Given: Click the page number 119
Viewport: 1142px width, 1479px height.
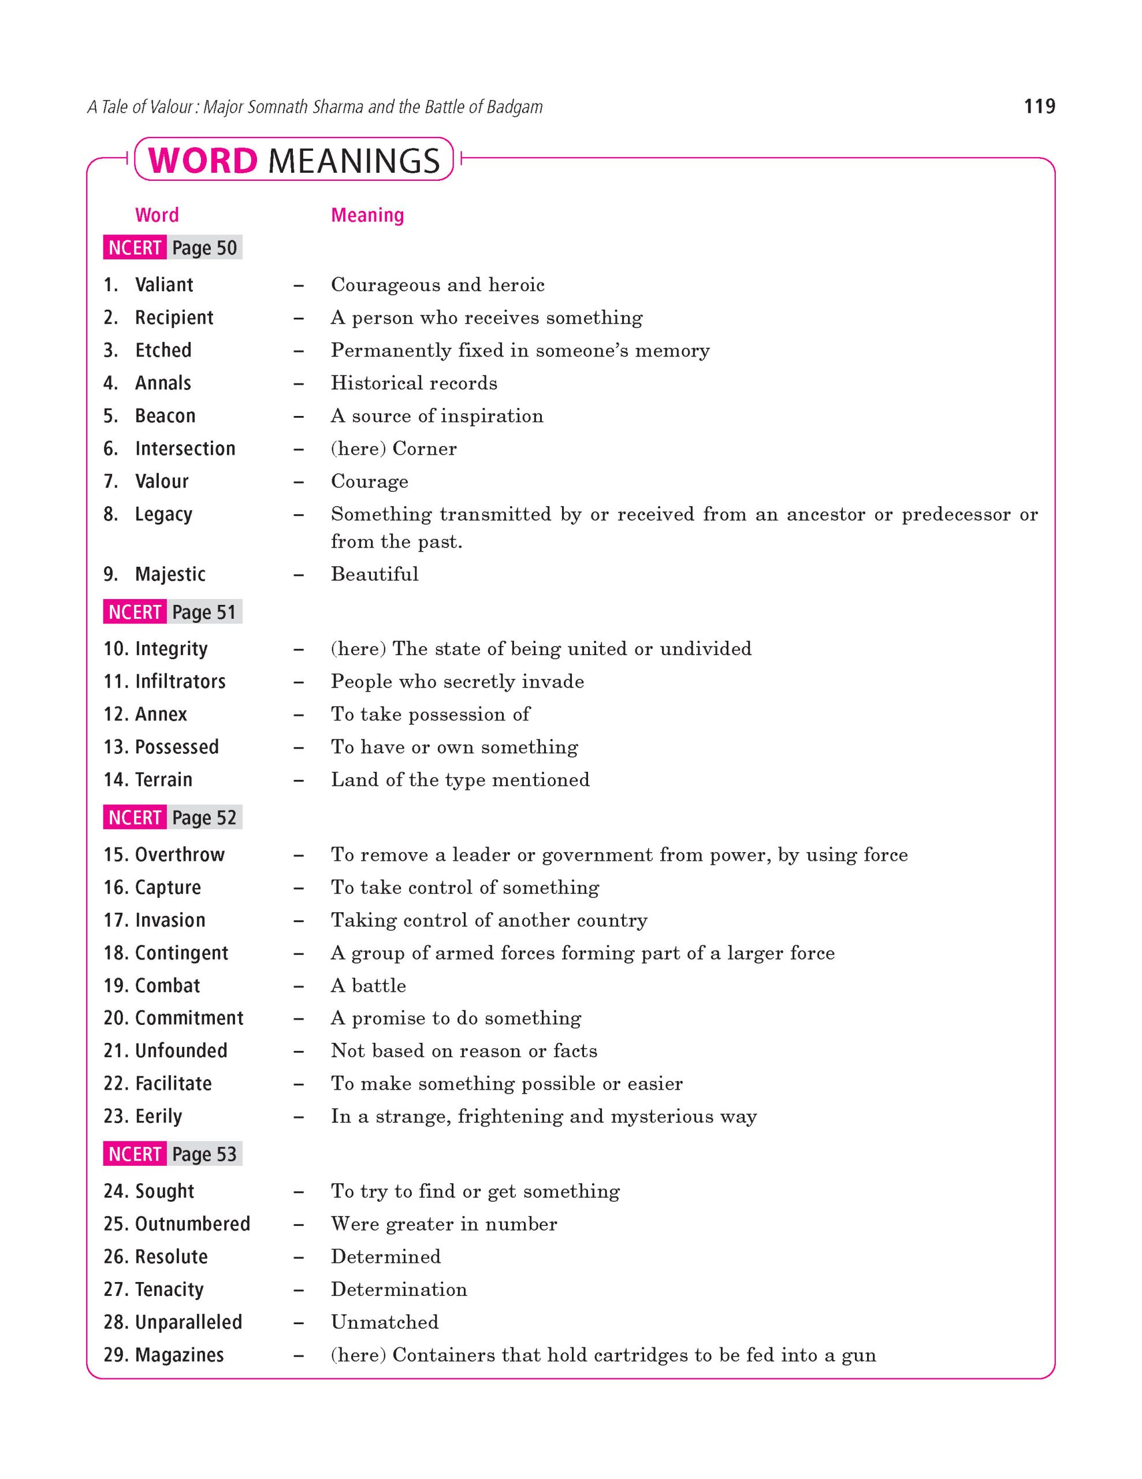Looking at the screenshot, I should (1039, 106).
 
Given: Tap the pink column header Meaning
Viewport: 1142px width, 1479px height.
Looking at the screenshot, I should (367, 215).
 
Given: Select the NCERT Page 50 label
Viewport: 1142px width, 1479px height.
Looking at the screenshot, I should (173, 248).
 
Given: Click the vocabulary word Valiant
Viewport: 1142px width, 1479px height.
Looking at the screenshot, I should (164, 284).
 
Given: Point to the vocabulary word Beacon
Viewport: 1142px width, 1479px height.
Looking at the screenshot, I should (165, 416).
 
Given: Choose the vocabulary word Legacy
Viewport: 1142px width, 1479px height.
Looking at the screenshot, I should (164, 515).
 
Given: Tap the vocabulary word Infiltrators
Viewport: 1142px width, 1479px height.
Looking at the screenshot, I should (180, 681).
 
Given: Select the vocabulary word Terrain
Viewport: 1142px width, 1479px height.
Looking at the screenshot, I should (164, 779).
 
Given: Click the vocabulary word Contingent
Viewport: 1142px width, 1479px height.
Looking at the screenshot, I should (181, 953).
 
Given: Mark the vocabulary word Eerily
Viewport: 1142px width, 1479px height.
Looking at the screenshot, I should (158, 1116).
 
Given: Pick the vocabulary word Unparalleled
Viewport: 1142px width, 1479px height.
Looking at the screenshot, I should (188, 1322).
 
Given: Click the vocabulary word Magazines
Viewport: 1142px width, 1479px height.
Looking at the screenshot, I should (180, 1355).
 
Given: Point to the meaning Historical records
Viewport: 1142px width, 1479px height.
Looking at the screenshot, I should (414, 383).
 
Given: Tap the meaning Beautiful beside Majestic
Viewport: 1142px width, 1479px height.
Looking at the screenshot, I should (374, 574).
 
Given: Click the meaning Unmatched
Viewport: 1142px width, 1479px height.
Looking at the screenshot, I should (385, 1322).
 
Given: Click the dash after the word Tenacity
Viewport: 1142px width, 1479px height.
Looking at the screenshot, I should (299, 1290).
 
